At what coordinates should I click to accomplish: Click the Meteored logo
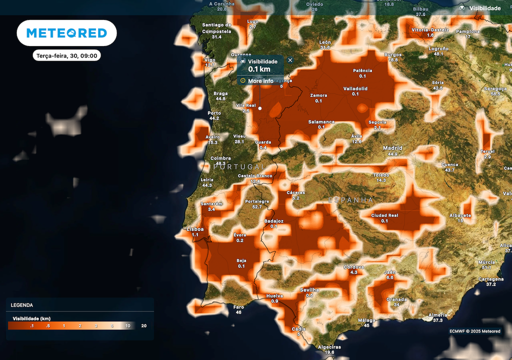pyautogui.click(x=66, y=33)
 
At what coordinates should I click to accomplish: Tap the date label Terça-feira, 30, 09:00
pyautogui.click(x=66, y=55)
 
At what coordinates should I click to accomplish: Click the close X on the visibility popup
pyautogui.click(x=290, y=60)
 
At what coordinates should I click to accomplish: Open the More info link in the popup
pyautogui.click(x=260, y=80)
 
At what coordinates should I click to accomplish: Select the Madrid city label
pyautogui.click(x=392, y=148)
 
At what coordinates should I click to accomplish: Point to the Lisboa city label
pyautogui.click(x=195, y=229)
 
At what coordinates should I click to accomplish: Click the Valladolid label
pyautogui.click(x=355, y=88)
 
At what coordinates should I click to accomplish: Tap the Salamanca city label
pyautogui.click(x=321, y=122)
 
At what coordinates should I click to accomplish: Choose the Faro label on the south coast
pyautogui.click(x=238, y=307)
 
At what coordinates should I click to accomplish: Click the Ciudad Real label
pyautogui.click(x=384, y=215)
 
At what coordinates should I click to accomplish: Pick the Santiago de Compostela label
pyautogui.click(x=216, y=28)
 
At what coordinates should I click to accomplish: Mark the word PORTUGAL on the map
pyautogui.click(x=239, y=166)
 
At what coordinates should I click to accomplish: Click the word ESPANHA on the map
pyautogui.click(x=350, y=200)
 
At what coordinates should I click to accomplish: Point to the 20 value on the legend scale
pyautogui.click(x=144, y=325)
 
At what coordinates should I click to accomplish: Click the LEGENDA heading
pyautogui.click(x=22, y=304)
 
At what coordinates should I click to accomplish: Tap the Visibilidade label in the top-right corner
pyautogui.click(x=483, y=8)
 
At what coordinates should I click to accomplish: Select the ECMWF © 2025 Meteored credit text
pyautogui.click(x=474, y=331)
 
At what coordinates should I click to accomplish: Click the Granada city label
pyautogui.click(x=396, y=299)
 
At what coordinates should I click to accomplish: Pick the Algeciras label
pyautogui.click(x=329, y=347)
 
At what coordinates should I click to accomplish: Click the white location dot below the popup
pyautogui.click(x=259, y=108)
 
